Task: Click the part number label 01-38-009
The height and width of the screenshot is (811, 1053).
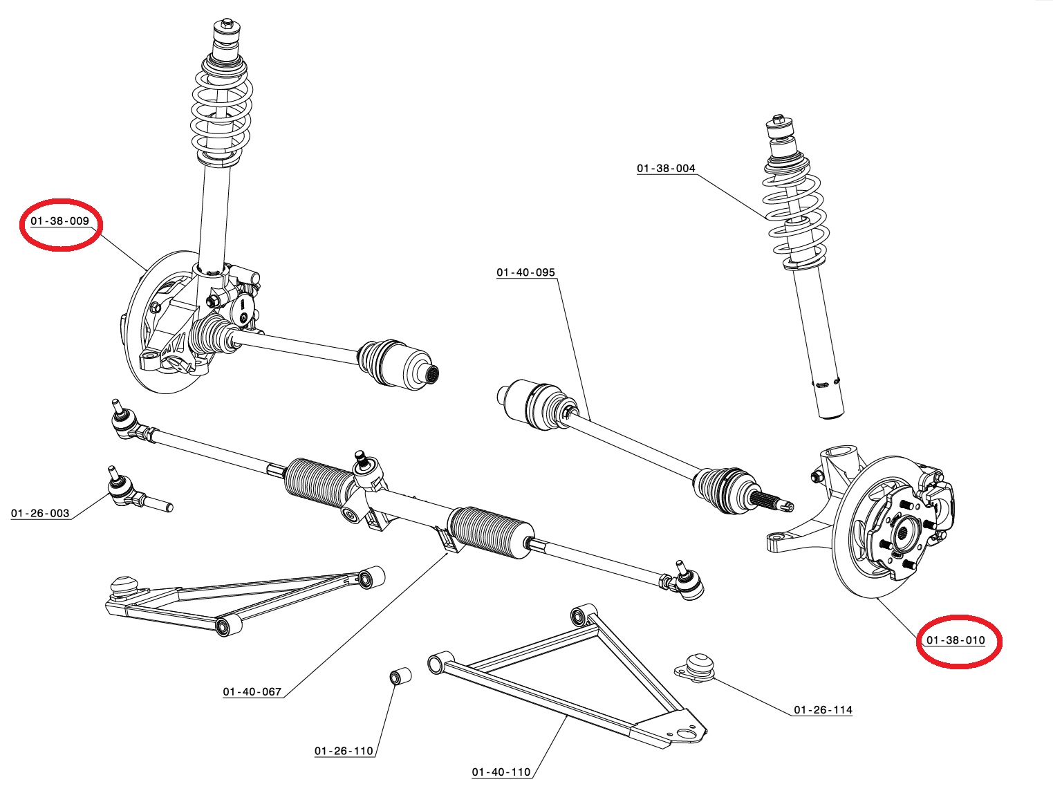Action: pos(60,221)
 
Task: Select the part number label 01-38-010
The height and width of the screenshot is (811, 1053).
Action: pos(956,640)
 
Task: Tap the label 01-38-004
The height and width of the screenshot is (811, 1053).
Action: pos(666,169)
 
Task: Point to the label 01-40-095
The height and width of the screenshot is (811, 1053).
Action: pos(525,272)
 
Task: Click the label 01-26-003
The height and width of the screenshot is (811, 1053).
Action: pos(40,514)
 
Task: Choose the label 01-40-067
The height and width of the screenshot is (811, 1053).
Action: pos(252,692)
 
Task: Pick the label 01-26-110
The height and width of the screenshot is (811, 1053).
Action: pos(344,752)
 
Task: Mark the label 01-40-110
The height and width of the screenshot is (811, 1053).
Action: pos(501,772)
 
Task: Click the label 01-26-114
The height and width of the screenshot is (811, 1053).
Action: pos(823,710)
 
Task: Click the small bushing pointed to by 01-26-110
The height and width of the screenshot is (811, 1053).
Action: pos(399,675)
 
